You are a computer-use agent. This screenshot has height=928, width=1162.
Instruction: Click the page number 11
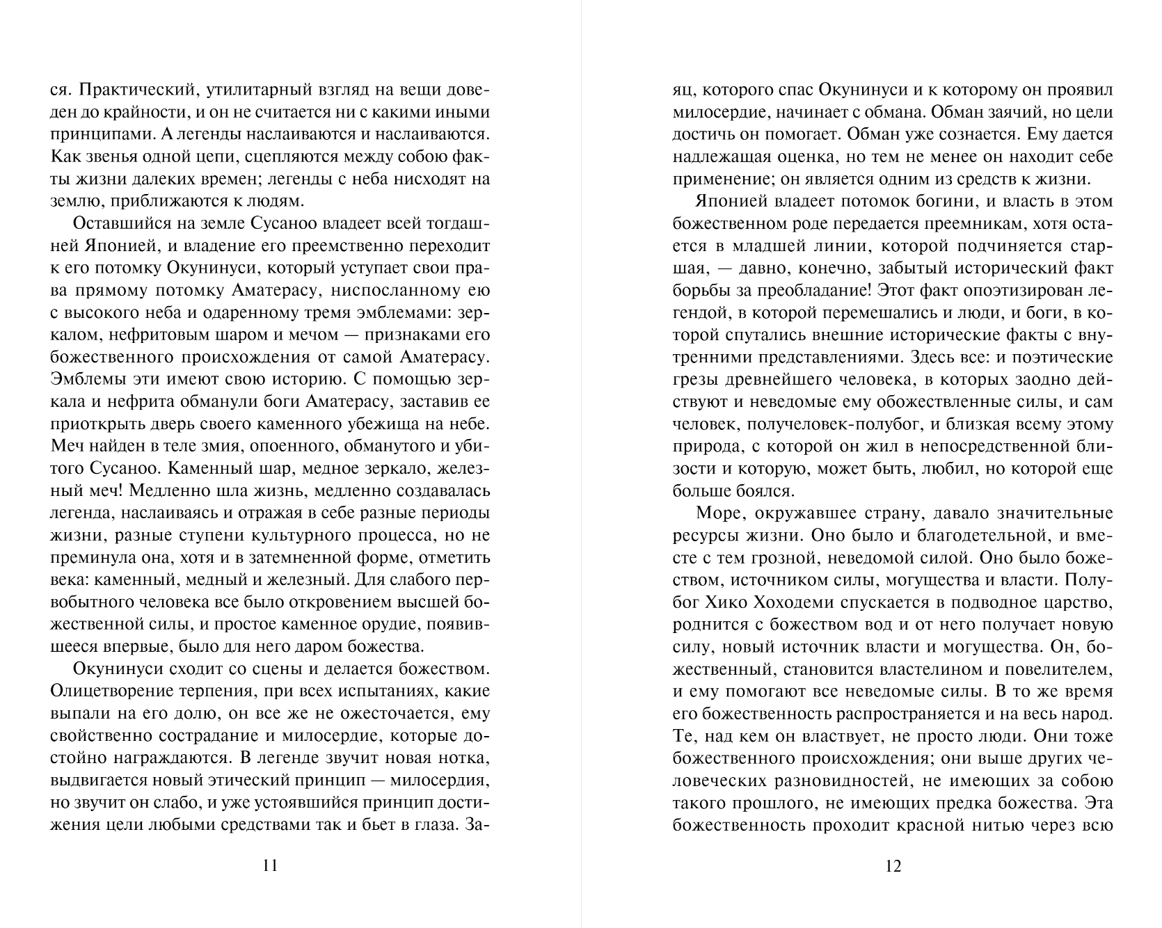[x=271, y=866]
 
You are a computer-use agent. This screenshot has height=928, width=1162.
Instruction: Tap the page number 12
[x=893, y=866]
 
